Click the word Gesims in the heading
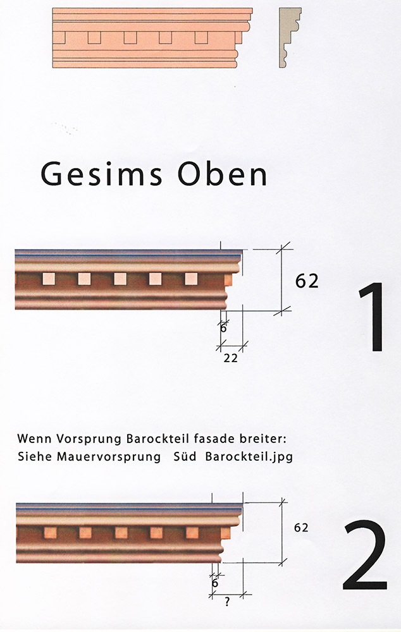pyautogui.click(x=95, y=173)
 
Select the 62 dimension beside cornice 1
pyautogui.click(x=307, y=281)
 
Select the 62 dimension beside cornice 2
pyautogui.click(x=301, y=527)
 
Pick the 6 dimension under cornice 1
pyautogui.click(x=223, y=328)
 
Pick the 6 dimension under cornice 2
pyautogui.click(x=214, y=583)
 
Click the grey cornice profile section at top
pyautogui.click(x=290, y=37)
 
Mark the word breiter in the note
pyautogui.click(x=274, y=438)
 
